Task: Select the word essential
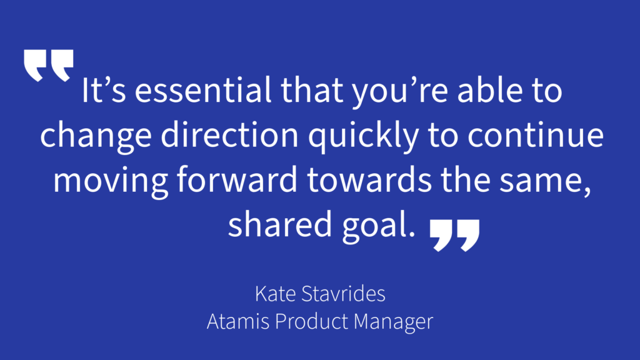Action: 203,90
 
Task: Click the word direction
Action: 230,135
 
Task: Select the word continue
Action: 536,136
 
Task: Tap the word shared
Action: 280,224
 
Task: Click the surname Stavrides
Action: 343,294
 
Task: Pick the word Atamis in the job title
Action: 238,321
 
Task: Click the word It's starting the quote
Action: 104,90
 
